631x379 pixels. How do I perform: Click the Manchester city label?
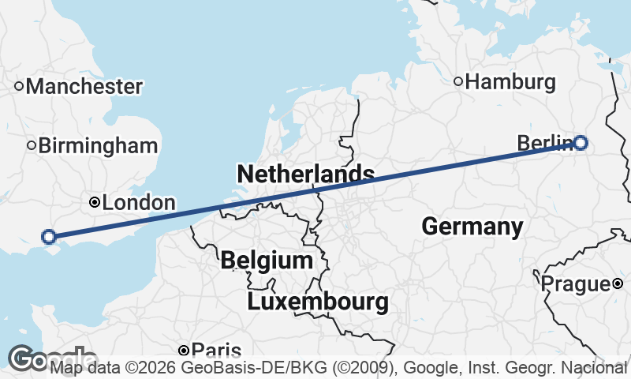click(84, 86)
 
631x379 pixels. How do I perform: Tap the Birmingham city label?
click(98, 145)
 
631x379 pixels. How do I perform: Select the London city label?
click(139, 203)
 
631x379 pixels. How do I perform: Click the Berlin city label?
click(543, 143)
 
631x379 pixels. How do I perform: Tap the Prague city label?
click(576, 283)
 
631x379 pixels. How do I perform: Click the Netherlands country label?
click(305, 174)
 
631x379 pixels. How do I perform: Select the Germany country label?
click(472, 227)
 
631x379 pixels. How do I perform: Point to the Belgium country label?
click(267, 260)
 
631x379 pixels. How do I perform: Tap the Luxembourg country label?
click(318, 301)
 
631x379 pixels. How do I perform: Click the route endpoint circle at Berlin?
click(581, 143)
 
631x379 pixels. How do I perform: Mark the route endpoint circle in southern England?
click(49, 236)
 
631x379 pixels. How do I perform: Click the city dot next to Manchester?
click(20, 85)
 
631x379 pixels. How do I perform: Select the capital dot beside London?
click(95, 202)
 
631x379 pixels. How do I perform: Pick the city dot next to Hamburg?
click(458, 81)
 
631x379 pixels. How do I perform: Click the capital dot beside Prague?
click(618, 283)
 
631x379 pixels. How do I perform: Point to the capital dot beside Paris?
click(184, 350)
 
